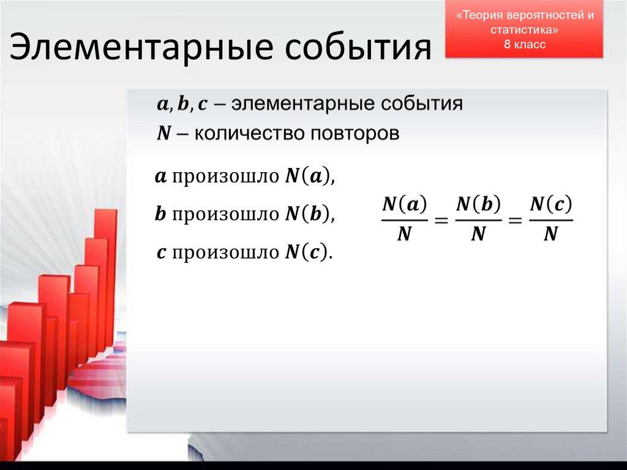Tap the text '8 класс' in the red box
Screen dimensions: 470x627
tap(524, 44)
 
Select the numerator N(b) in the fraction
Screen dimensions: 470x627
tap(478, 205)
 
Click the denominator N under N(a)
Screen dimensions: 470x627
tap(404, 234)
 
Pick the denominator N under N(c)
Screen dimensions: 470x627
tap(551, 234)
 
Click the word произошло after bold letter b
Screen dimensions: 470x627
tap(225, 214)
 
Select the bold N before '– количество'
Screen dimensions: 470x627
tap(163, 134)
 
